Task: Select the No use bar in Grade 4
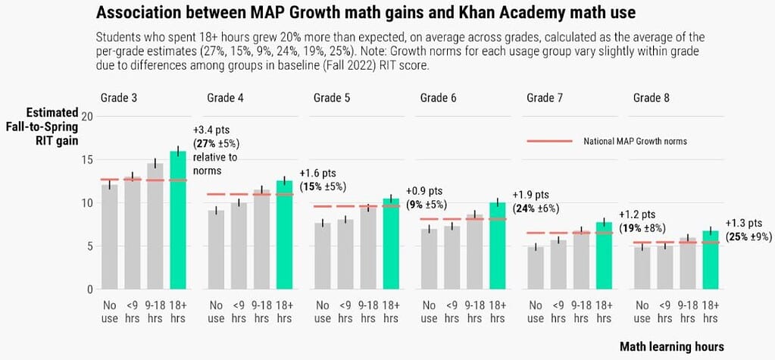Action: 216,250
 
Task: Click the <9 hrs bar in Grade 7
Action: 558,265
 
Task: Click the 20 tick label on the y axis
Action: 87,116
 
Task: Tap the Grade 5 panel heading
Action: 332,98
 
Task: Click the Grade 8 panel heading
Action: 652,98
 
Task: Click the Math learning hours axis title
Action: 671,346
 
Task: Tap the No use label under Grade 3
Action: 110,312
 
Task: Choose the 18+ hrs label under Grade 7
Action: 603,312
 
